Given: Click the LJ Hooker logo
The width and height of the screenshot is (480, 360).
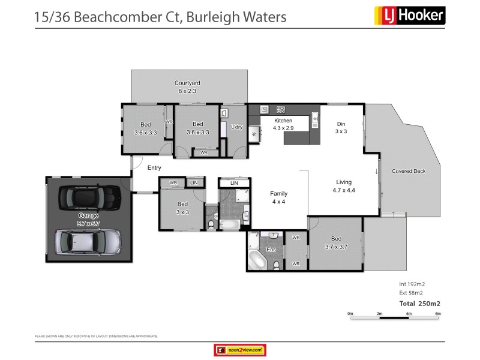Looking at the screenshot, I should tap(409, 14).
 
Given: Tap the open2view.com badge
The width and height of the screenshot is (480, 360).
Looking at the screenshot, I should tap(239, 350).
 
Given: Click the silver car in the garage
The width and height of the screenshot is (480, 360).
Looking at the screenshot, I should tap(88, 242).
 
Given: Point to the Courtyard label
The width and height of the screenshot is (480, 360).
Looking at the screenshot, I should tap(187, 83).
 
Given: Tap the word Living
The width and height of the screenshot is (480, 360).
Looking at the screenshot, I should tap(344, 182).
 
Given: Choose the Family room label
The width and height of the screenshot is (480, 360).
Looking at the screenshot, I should tap(278, 194).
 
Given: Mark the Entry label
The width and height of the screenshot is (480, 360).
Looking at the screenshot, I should tap(154, 168).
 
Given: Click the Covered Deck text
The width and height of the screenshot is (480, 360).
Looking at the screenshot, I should tap(409, 171).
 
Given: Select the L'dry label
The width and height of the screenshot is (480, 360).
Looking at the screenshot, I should tap(236, 127).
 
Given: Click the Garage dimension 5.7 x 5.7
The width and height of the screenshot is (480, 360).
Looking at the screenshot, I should tap(88, 223).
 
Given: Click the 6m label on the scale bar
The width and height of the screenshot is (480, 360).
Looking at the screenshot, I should tap(438, 313).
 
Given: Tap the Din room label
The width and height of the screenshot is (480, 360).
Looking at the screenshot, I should tap(341, 124).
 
